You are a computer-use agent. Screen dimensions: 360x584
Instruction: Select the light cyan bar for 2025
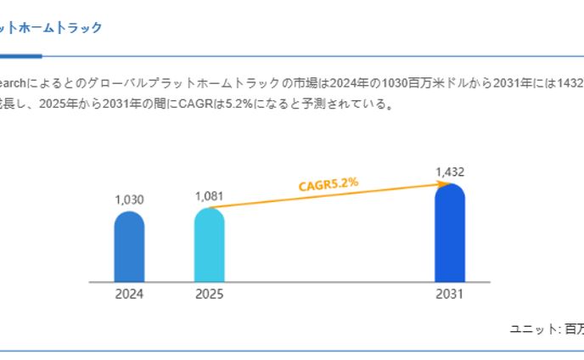[209, 245]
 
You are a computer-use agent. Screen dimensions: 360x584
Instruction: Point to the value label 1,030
[129, 200]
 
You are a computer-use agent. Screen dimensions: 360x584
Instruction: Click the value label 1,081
[209, 196]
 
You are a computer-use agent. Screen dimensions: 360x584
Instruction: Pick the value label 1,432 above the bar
[450, 172]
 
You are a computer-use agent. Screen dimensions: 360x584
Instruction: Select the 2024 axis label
[129, 295]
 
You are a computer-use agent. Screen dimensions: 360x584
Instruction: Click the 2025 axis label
[209, 295]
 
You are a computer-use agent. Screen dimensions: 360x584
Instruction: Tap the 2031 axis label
[450, 295]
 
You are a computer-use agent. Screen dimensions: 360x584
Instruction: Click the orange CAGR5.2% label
[328, 184]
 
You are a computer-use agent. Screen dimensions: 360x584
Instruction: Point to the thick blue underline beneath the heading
[20, 56]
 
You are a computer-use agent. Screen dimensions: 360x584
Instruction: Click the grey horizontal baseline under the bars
[289, 282]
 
